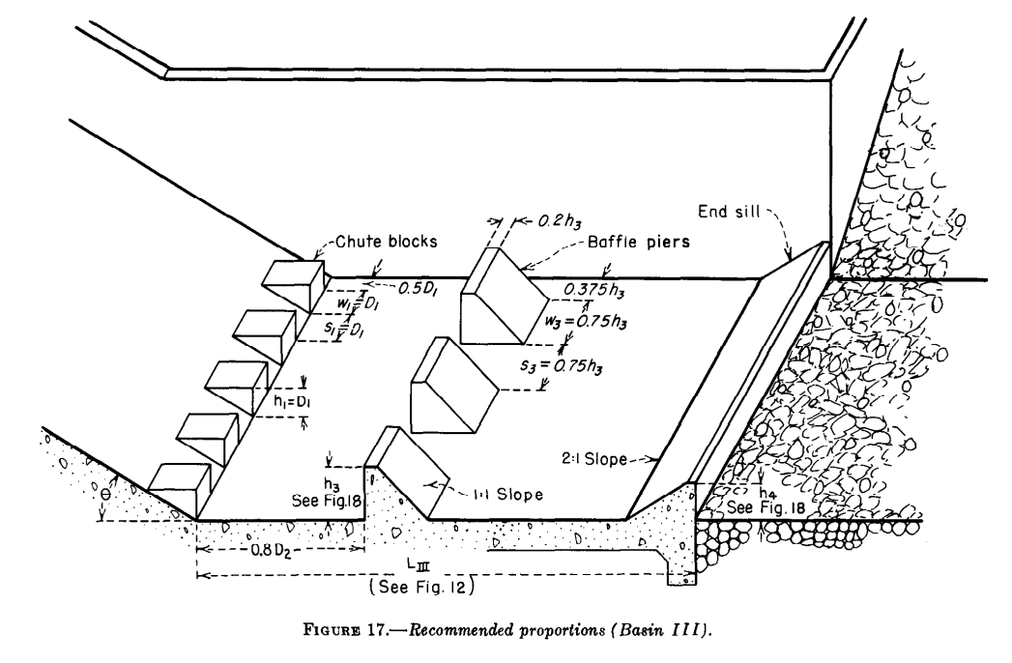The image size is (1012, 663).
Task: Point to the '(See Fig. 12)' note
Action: (420, 586)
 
